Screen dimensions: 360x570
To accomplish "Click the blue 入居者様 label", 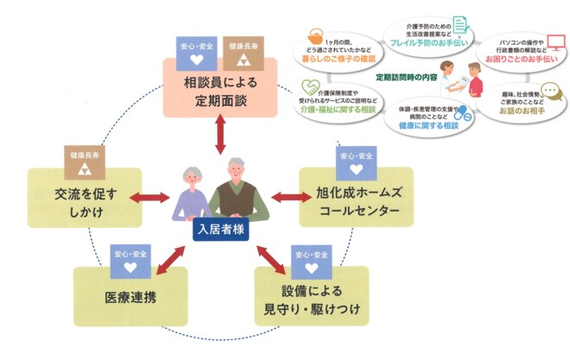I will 218,231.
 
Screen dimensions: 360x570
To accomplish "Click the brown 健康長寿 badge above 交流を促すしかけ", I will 85,158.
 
